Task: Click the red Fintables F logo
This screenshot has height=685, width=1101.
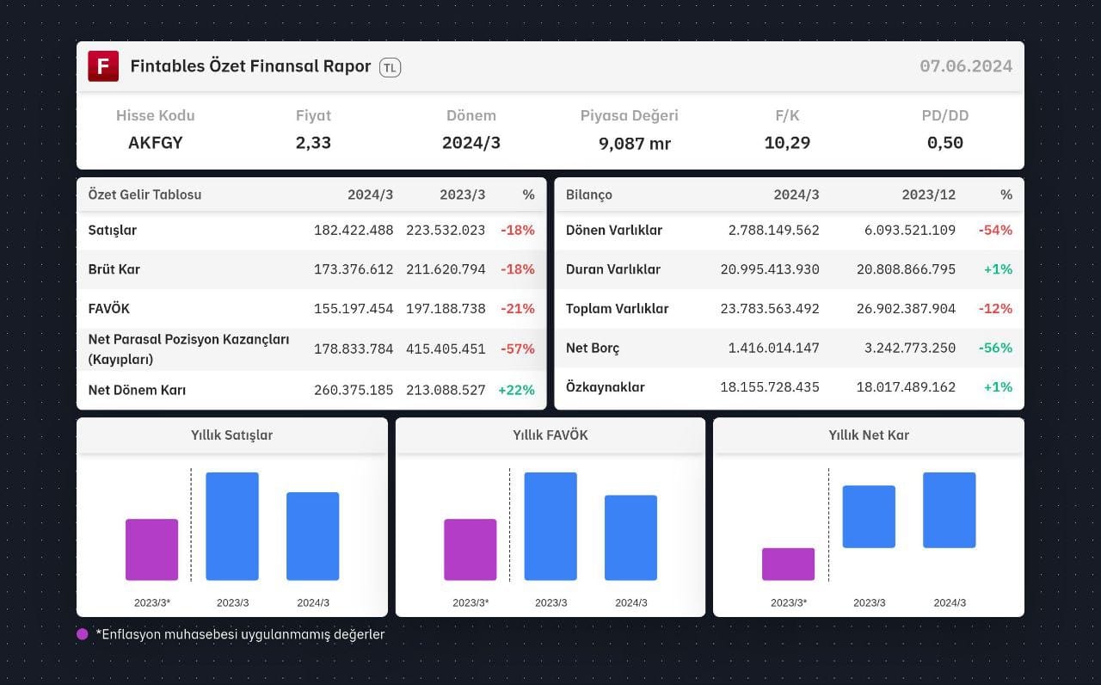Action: click(x=103, y=66)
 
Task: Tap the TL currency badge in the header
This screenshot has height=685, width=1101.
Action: click(x=390, y=67)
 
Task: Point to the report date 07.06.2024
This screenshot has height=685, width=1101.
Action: click(x=966, y=66)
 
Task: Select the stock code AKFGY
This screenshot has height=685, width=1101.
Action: click(x=156, y=143)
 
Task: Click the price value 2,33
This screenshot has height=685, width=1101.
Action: click(x=313, y=143)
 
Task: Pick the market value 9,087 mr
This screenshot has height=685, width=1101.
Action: click(x=635, y=144)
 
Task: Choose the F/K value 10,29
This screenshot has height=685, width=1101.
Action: click(x=787, y=143)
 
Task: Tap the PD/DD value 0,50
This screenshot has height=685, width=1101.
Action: click(x=944, y=143)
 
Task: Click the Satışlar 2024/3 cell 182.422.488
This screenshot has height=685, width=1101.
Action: click(x=354, y=230)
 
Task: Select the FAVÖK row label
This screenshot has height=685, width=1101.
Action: click(x=108, y=309)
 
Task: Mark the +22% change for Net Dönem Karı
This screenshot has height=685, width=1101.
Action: click(x=516, y=390)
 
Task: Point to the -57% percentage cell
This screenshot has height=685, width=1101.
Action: click(x=518, y=349)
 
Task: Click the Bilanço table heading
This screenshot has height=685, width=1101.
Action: click(x=589, y=194)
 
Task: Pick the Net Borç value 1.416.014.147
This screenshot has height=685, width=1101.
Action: click(x=773, y=349)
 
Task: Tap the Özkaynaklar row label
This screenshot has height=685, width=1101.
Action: click(x=605, y=387)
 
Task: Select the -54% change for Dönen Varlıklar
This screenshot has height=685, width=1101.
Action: click(x=995, y=230)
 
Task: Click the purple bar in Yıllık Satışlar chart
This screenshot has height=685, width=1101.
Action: click(x=152, y=550)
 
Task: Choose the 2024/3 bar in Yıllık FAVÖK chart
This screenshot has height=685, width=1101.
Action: click(x=630, y=538)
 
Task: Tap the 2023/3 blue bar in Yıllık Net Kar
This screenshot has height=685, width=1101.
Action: click(x=869, y=517)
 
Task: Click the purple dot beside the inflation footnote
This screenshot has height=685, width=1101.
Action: click(x=83, y=634)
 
